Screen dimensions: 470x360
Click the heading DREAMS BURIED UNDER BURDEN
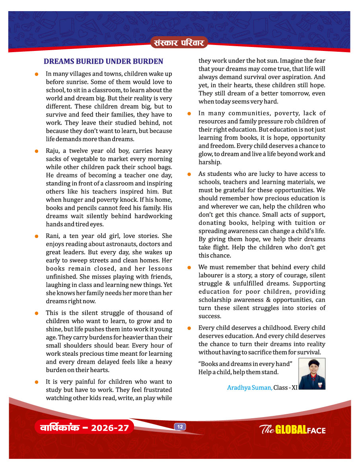[103, 61]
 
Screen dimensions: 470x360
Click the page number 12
[180, 427]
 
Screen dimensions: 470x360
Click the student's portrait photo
[311, 374]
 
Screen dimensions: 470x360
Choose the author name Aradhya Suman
[249, 387]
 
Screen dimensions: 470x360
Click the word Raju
[53, 151]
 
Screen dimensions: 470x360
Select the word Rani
[53, 236]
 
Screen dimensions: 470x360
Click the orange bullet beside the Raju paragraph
[36, 151]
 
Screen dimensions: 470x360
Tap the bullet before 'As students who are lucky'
[190, 174]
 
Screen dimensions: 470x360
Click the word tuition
[303, 223]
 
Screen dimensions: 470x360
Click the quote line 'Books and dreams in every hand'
[245, 364]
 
